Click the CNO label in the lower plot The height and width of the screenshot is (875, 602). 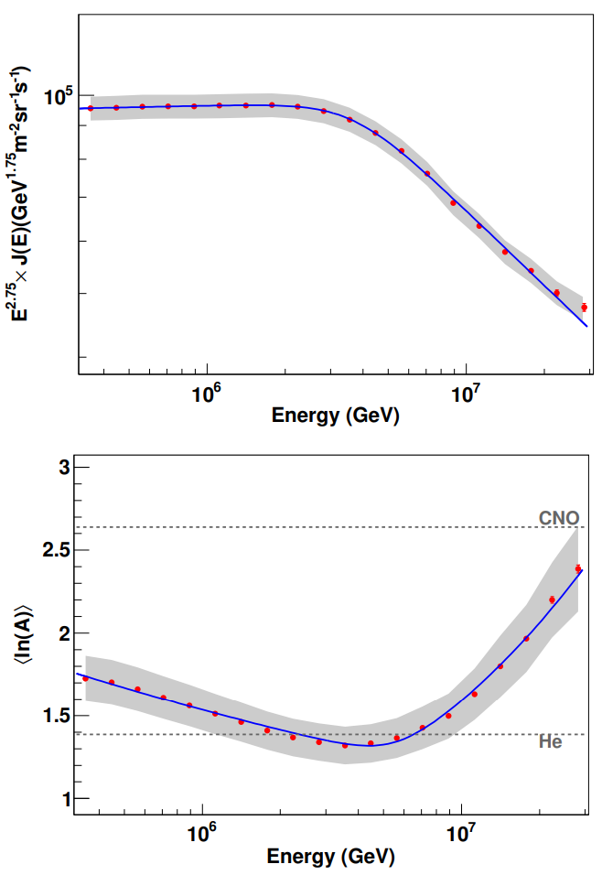click(x=558, y=517)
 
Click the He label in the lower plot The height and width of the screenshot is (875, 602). click(x=550, y=742)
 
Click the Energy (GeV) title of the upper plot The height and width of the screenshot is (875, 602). click(x=336, y=416)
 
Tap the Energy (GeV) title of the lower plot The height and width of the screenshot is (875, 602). click(x=331, y=858)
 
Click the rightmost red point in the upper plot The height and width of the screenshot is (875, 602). click(x=584, y=308)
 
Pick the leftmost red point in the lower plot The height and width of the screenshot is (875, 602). click(x=86, y=678)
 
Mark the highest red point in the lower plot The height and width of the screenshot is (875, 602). click(x=578, y=568)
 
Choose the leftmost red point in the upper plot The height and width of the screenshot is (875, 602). click(x=91, y=108)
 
